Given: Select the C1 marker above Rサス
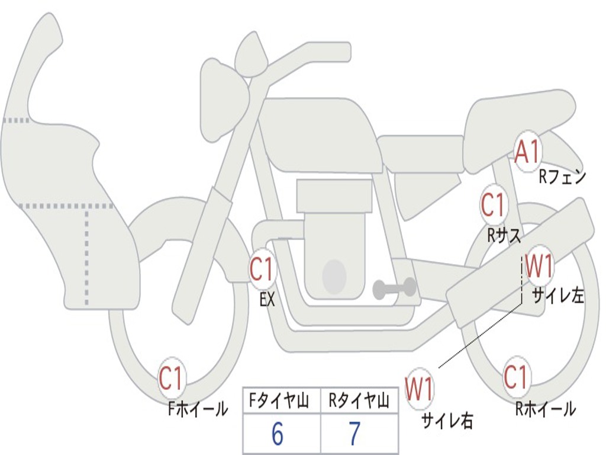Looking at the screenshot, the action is (494, 205).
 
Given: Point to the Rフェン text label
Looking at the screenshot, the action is (562, 177).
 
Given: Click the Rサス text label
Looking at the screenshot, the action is (504, 236).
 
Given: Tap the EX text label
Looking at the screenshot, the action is (267, 299).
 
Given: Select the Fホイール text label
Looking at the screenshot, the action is (198, 409).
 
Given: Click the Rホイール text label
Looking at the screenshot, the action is (545, 409).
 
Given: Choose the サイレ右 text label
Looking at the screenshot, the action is (447, 420).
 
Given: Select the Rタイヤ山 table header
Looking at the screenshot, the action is (359, 400).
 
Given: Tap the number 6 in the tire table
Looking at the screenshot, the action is (278, 434).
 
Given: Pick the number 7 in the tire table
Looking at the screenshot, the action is (355, 434).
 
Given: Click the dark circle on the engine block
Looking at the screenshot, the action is (334, 276).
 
